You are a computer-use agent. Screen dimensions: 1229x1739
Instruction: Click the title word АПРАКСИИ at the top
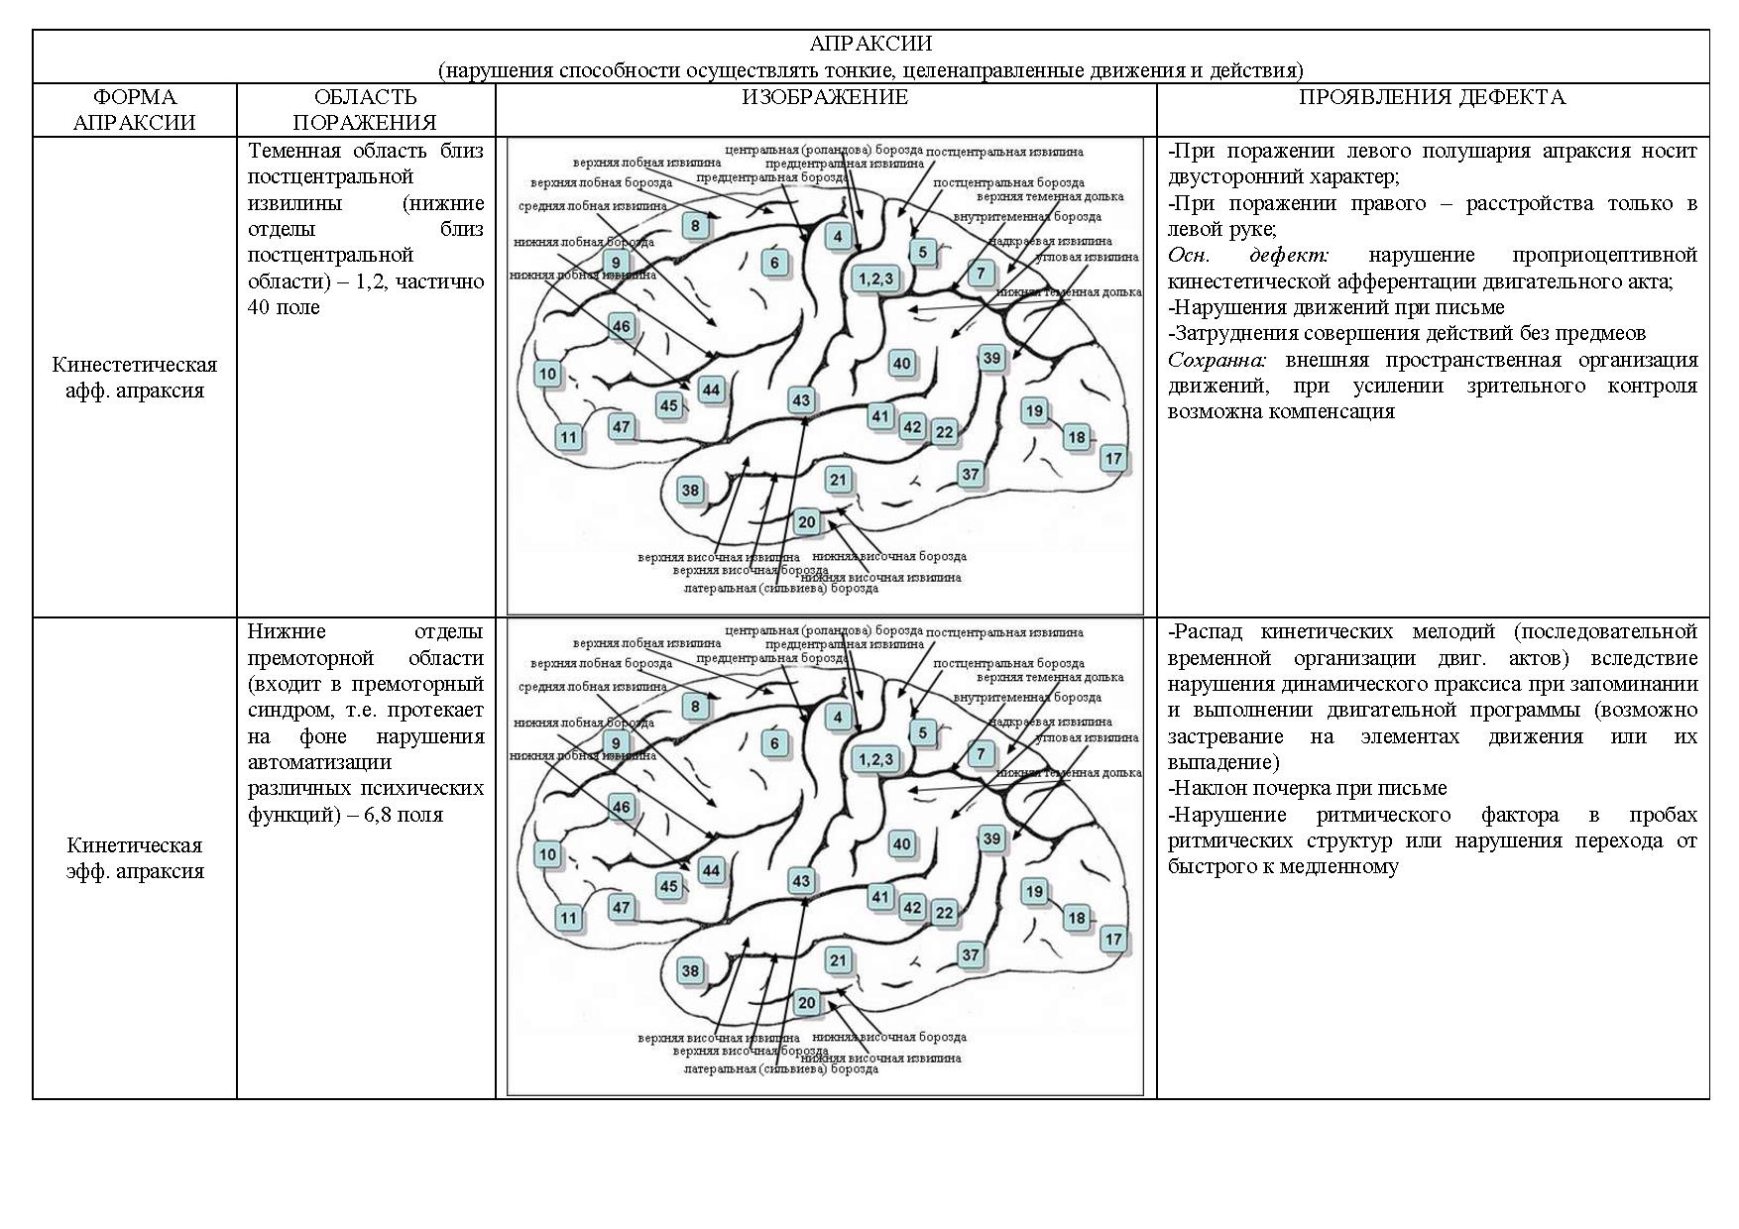pyautogui.click(x=869, y=44)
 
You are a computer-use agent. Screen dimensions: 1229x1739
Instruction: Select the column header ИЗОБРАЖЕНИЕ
pyautogui.click(x=825, y=97)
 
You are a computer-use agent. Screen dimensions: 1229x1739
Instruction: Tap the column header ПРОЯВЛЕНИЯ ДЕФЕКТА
pyautogui.click(x=1432, y=97)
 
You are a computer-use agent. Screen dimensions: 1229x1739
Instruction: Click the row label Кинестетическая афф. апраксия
pyautogui.click(x=135, y=378)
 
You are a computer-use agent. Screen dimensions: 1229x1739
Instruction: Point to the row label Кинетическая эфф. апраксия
pyautogui.click(x=135, y=858)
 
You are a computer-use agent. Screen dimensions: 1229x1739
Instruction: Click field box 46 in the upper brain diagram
pyautogui.click(x=621, y=327)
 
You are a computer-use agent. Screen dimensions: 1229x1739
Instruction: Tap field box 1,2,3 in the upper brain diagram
pyautogui.click(x=875, y=279)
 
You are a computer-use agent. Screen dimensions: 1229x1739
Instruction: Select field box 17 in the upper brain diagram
pyautogui.click(x=1113, y=458)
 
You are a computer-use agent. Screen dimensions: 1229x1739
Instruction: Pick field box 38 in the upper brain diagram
pyautogui.click(x=690, y=490)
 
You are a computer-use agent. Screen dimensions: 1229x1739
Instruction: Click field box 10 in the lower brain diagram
pyautogui.click(x=547, y=854)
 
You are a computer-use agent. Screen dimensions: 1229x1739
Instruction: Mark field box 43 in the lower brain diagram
pyautogui.click(x=800, y=880)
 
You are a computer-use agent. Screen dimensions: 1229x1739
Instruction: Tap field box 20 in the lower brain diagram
pyautogui.click(x=806, y=1003)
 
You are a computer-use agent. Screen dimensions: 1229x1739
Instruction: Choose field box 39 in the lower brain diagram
pyautogui.click(x=991, y=838)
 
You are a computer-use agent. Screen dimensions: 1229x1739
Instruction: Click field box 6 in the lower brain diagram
pyautogui.click(x=775, y=743)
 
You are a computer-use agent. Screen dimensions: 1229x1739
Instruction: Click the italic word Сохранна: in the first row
pyautogui.click(x=1217, y=360)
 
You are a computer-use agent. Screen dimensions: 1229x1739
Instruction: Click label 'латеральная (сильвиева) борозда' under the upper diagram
pyautogui.click(x=781, y=588)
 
